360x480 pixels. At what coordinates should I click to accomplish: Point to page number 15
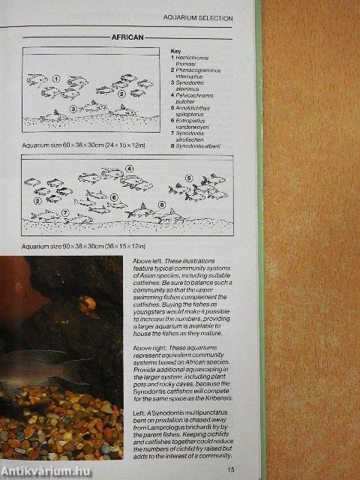click(231, 469)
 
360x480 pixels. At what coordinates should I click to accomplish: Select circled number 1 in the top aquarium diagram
click(56, 78)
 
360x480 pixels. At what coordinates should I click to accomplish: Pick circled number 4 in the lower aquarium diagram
click(128, 169)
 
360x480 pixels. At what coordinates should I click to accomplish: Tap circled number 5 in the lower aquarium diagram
click(189, 178)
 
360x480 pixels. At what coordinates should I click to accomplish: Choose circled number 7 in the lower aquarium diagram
click(65, 212)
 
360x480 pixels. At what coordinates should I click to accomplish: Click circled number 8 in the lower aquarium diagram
click(161, 204)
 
